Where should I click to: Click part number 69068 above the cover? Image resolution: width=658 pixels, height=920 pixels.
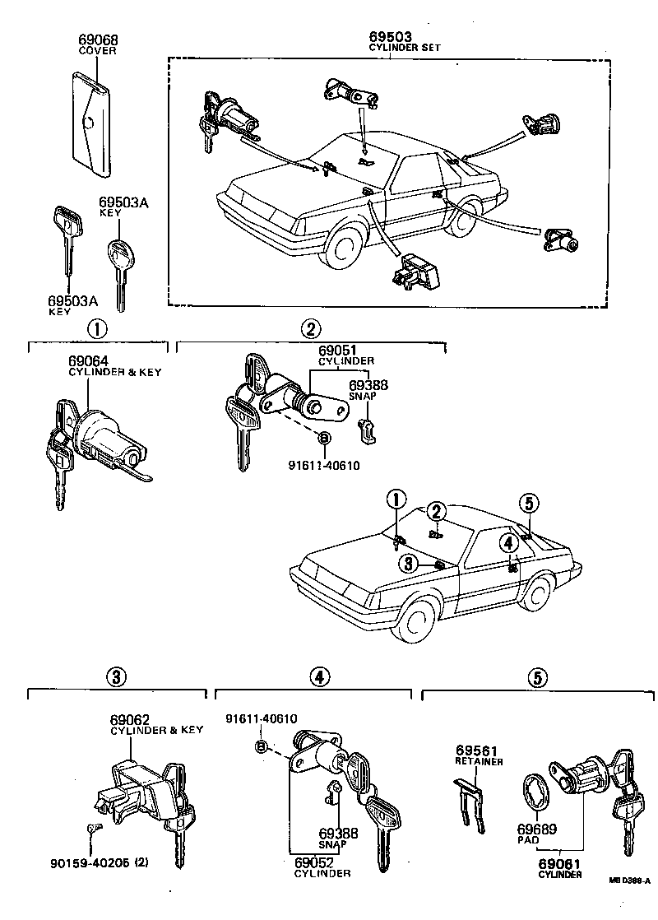click(97, 39)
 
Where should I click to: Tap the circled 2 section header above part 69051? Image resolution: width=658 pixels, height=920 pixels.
click(309, 329)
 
